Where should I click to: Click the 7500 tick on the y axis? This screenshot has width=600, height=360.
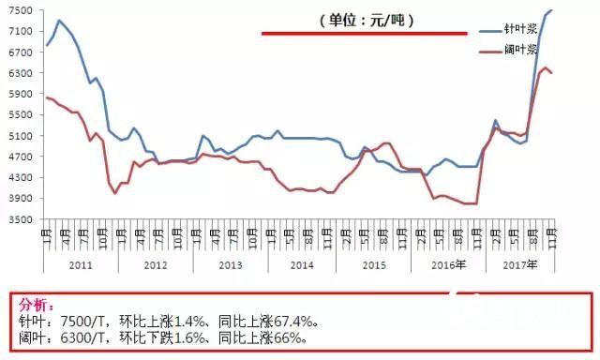tap(20, 9)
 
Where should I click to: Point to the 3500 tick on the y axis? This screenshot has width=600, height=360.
tap(20, 219)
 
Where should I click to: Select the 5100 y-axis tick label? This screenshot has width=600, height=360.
tap(20, 135)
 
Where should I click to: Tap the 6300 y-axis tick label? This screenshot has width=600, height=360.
tap(20, 72)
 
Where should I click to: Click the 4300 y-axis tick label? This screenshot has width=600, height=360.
tap(20, 177)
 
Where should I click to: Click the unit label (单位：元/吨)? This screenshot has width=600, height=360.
tap(364, 20)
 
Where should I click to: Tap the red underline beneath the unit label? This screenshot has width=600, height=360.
tap(364, 34)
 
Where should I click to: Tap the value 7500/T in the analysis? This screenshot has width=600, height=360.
tap(79, 320)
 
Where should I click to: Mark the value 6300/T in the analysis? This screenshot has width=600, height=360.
tap(79, 336)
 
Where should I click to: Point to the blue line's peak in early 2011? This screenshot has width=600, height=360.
tap(58, 21)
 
